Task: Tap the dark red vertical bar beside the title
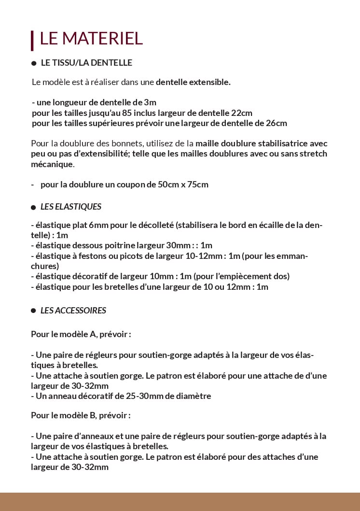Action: pos(32,41)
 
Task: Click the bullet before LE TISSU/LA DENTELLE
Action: pos(34,63)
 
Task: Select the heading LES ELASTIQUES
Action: pos(71,207)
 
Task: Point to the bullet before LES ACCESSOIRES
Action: pos(34,311)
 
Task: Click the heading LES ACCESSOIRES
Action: pos(73,311)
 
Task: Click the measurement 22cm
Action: pos(242,113)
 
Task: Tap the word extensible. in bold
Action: pos(209,82)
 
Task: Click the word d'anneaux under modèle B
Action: pos(79,436)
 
